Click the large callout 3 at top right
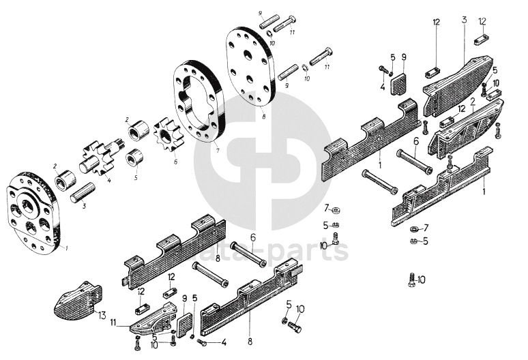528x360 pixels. pos(463,20)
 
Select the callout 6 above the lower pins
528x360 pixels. pos(252,237)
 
